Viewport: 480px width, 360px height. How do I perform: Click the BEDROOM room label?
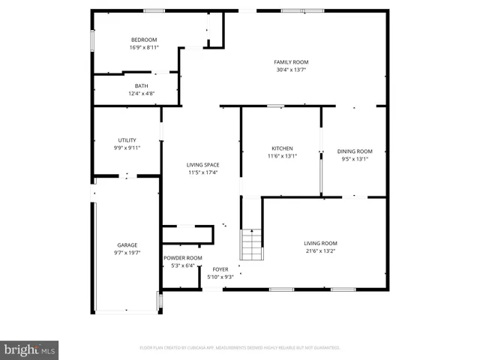pos(144,40)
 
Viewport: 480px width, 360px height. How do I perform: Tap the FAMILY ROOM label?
pos(291,62)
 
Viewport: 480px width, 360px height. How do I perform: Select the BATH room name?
pos(142,85)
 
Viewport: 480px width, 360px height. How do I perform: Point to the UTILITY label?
pos(127,140)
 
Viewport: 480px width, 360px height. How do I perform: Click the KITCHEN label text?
pos(282,148)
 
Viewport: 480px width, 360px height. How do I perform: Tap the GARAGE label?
pos(127,245)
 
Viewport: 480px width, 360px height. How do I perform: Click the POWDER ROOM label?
pos(183,258)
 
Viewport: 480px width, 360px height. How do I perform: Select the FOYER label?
pos(220,269)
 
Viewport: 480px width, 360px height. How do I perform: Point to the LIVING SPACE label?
pos(202,165)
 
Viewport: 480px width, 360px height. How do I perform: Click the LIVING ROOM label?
pos(320,243)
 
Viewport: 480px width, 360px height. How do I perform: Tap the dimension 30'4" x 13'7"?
pos(291,70)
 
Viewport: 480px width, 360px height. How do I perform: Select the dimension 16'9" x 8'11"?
pos(144,47)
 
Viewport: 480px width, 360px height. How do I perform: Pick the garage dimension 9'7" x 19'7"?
pos(127,253)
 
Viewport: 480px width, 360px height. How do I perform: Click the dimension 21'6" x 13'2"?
pos(320,250)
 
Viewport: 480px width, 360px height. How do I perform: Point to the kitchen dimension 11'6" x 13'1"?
pos(282,156)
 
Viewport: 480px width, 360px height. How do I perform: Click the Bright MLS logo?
pos(30,349)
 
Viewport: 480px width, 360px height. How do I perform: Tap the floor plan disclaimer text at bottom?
pos(240,348)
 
